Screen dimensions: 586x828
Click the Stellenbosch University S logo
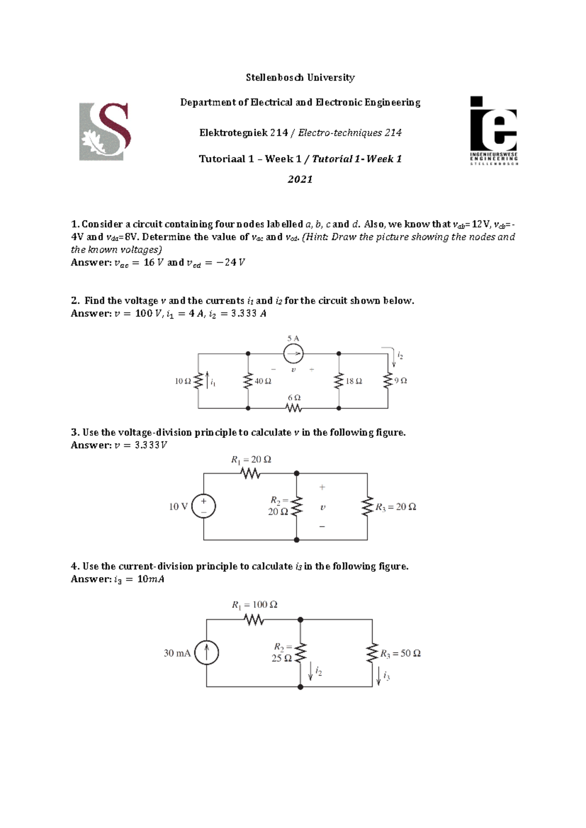105,132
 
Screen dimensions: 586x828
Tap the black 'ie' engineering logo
494,130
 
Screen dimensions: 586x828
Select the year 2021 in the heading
300,179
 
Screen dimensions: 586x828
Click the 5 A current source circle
293,354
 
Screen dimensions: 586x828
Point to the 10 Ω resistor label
183,381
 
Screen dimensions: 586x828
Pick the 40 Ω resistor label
263,381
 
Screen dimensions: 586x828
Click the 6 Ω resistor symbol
294,408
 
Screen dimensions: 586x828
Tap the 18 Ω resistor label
354,381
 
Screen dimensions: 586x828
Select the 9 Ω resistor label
401,380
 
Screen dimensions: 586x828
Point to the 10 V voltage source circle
204,506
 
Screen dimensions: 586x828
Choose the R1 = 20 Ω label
251,459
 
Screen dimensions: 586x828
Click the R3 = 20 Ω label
396,507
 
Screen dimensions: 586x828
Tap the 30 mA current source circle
207,653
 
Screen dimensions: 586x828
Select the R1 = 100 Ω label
254,605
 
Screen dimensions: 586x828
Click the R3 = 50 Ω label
400,654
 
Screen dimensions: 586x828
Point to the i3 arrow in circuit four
378,675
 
